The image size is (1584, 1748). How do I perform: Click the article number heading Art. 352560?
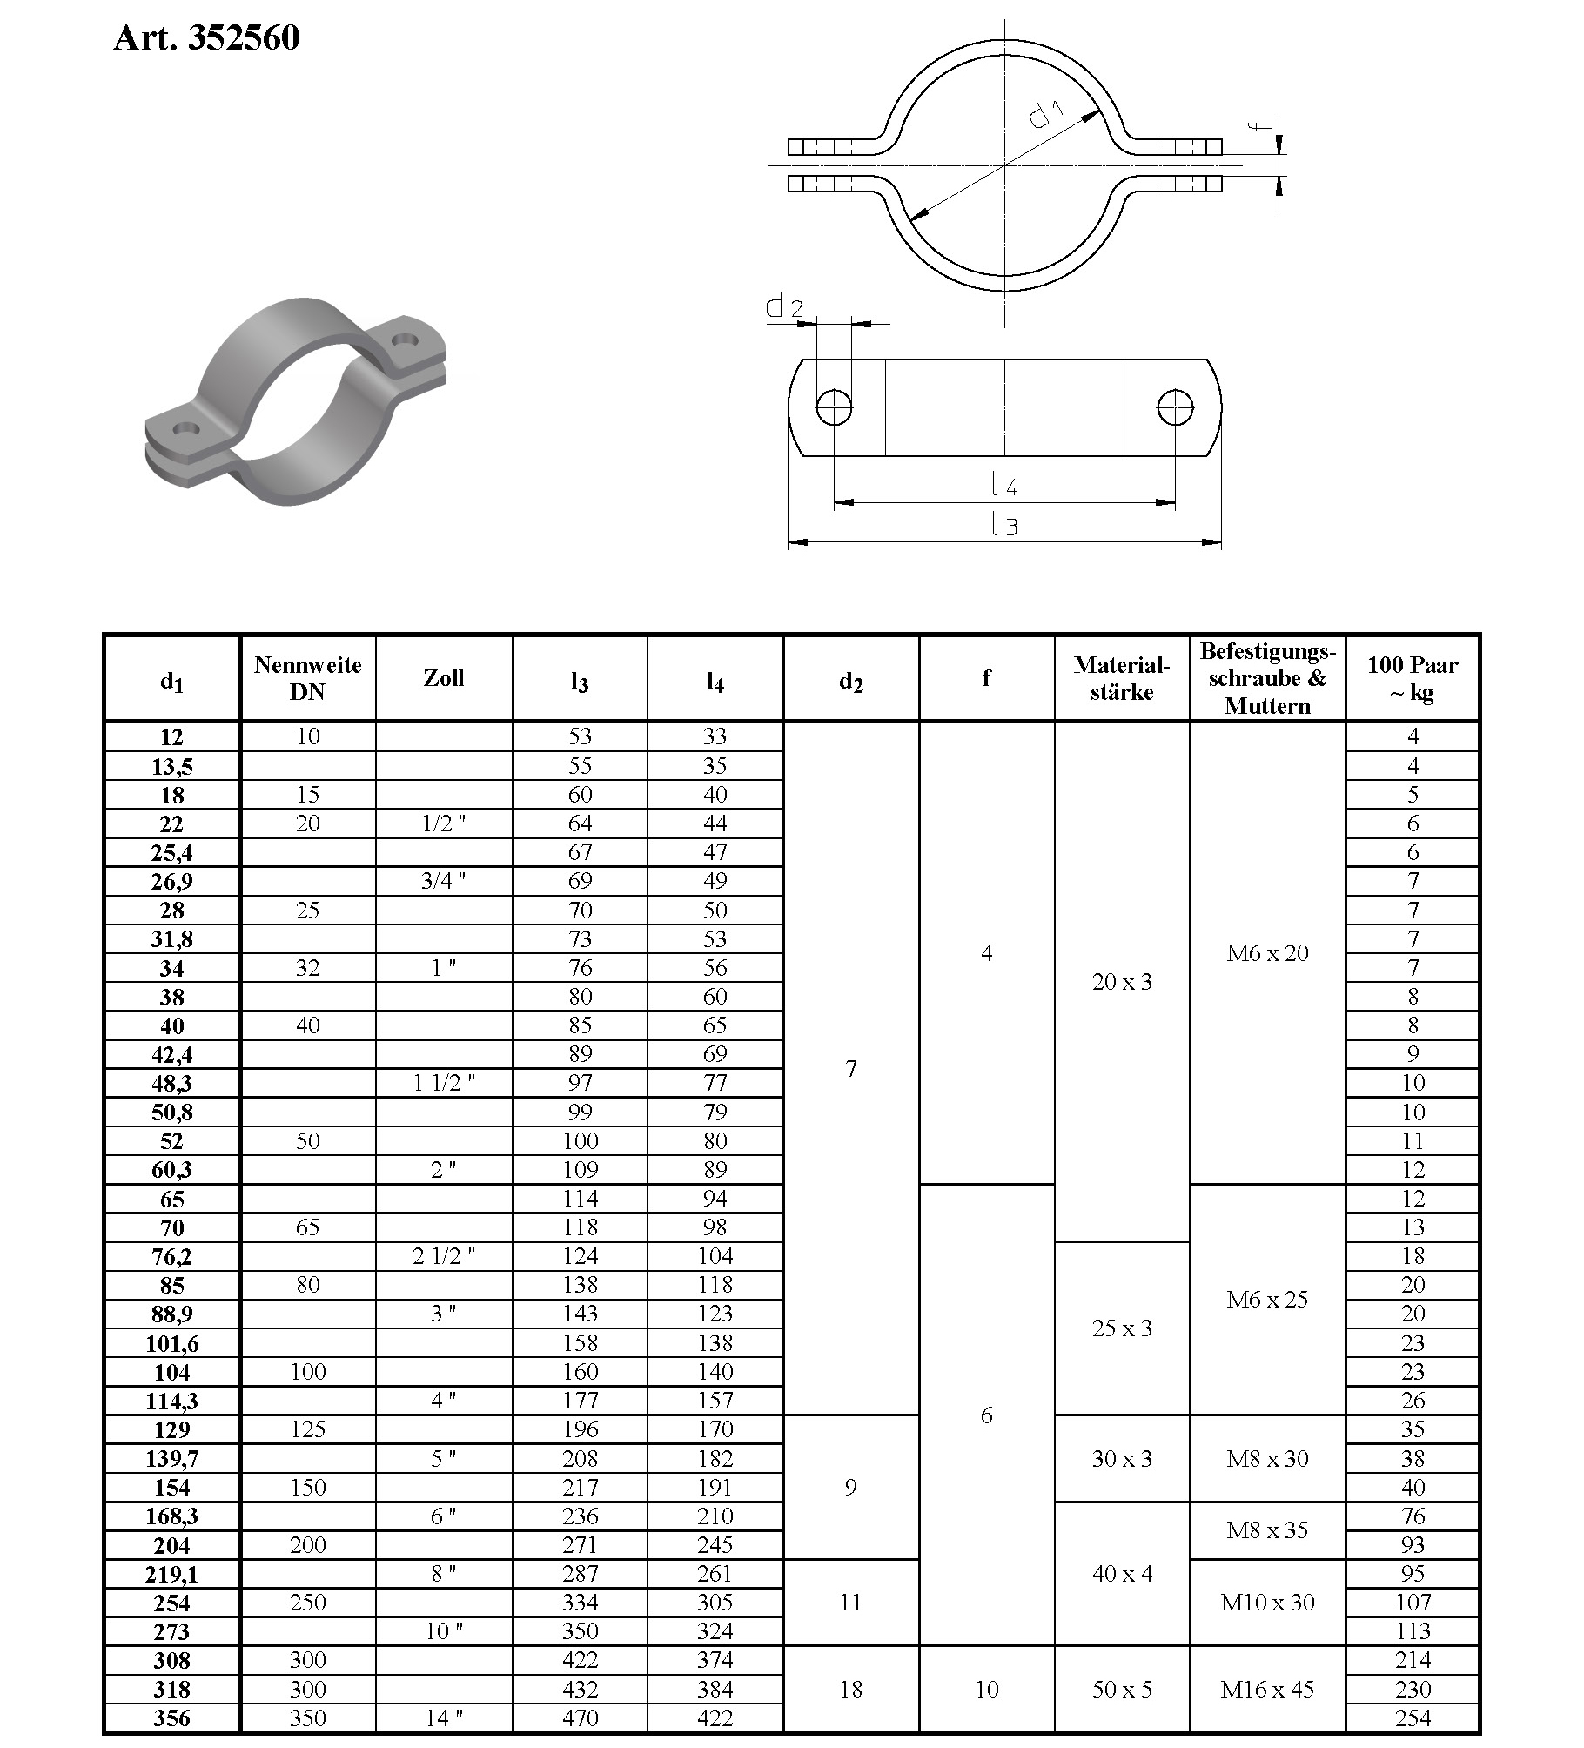tap(206, 38)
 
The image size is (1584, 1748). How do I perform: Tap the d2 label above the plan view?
tap(784, 307)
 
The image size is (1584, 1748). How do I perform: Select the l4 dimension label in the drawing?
tap(1004, 484)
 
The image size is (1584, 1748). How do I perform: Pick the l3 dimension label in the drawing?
tap(1004, 525)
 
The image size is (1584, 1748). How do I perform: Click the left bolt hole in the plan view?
tap(834, 407)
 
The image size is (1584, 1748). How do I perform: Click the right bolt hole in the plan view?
tap(1175, 407)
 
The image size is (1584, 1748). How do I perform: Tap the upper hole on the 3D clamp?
tap(406, 339)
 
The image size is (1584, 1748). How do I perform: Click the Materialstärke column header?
tap(1121, 679)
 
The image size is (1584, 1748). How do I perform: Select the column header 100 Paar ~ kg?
tap(1412, 679)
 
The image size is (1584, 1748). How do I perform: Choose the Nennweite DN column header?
tap(307, 679)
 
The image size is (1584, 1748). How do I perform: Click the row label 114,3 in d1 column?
tap(171, 1402)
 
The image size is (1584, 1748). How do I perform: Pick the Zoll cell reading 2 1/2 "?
tap(443, 1256)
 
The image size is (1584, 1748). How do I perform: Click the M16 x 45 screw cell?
tap(1266, 1690)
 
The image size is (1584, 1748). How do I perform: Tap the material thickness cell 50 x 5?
tap(1121, 1690)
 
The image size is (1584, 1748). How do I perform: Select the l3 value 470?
tap(580, 1718)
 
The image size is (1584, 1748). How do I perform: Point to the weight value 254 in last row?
tap(1412, 1718)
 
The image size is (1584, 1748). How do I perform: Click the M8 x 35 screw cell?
tap(1266, 1530)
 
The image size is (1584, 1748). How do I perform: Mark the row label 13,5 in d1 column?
tap(171, 767)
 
